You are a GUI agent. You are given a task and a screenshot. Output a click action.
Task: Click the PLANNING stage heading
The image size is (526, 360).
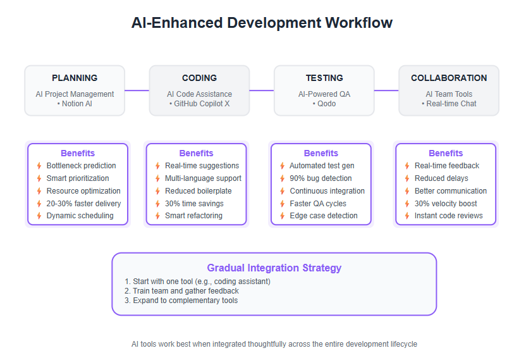(x=75, y=78)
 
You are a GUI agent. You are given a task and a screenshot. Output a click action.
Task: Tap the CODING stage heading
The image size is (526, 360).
(x=199, y=78)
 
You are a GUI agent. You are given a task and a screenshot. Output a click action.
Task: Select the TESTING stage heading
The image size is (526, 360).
(x=324, y=78)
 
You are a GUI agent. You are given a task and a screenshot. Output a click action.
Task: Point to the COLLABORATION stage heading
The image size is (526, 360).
(x=449, y=78)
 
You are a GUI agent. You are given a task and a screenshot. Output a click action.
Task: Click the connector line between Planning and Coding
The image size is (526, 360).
(x=137, y=90)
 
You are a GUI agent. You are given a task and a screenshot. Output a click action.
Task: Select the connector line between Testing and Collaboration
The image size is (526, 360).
(x=386, y=90)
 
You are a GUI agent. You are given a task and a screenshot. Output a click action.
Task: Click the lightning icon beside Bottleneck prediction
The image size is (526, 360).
(x=39, y=166)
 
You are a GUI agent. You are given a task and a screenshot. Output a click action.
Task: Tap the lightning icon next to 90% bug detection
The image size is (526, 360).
(x=283, y=178)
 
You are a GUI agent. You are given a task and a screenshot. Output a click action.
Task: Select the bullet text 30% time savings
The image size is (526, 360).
(x=194, y=204)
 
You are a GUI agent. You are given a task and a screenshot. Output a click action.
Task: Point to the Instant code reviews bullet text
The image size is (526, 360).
(x=448, y=216)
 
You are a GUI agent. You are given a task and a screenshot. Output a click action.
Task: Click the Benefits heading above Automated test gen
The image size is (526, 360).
(x=321, y=153)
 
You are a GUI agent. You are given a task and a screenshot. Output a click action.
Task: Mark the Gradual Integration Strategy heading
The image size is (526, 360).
(x=274, y=268)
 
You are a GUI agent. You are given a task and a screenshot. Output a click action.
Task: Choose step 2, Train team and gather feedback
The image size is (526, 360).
(x=181, y=291)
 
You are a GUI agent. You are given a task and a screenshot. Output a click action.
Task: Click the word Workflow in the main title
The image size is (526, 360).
(x=358, y=23)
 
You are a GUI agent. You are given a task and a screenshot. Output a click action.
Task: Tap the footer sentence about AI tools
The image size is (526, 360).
(x=274, y=344)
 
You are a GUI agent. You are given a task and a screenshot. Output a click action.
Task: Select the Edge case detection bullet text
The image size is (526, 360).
(x=324, y=216)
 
